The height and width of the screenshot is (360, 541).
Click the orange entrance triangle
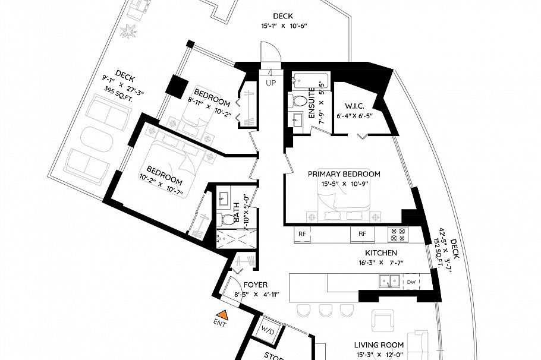tap(222, 314)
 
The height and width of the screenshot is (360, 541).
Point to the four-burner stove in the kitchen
tap(397, 234)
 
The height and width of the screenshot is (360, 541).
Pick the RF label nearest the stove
tap(362, 235)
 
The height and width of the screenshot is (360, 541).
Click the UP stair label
tap(270, 83)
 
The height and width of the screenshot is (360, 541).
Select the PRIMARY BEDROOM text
tap(344, 174)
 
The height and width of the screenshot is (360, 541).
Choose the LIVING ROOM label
tap(379, 345)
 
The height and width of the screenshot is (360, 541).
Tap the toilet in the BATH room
tap(227, 219)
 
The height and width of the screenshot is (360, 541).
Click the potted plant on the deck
tap(128, 29)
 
